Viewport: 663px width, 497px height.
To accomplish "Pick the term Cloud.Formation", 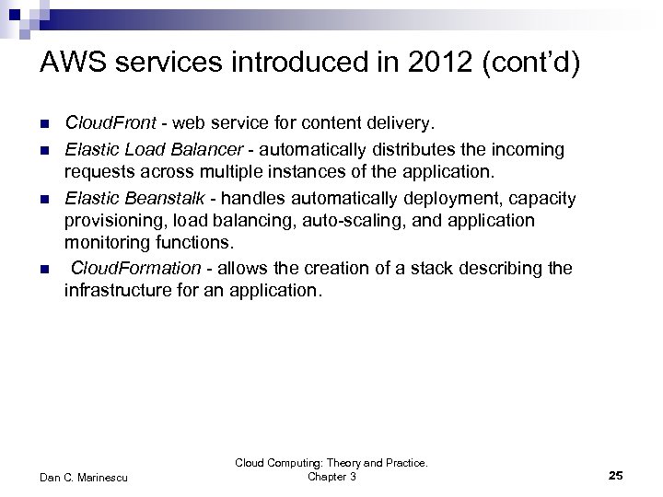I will [135, 268].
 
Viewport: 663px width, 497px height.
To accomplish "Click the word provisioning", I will [111, 221].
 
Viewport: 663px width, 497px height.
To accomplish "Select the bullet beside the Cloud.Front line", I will [44, 122].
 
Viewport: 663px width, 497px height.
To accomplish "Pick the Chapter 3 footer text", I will [331, 477].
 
